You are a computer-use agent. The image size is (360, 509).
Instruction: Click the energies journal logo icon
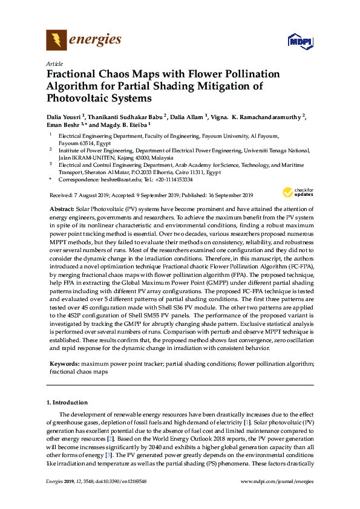[x=56, y=41]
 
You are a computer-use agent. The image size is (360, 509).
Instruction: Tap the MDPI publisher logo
[x=300, y=42]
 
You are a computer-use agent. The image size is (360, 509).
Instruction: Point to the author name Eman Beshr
[x=63, y=125]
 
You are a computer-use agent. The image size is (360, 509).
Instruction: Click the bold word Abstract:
[x=62, y=207]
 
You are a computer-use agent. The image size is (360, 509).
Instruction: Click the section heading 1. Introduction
[x=68, y=402]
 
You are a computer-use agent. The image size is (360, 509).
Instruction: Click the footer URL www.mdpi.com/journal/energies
[x=277, y=481]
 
